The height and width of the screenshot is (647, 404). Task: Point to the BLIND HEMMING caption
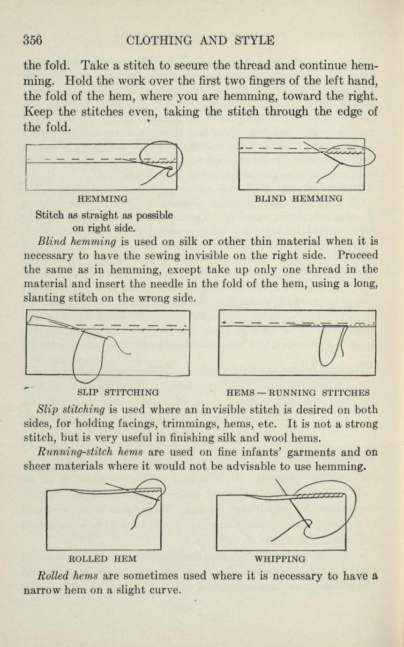[x=298, y=199]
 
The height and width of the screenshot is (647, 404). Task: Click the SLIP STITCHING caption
[x=117, y=392]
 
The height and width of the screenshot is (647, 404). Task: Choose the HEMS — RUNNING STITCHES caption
[x=298, y=392]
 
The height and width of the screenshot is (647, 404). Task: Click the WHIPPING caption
[x=279, y=559]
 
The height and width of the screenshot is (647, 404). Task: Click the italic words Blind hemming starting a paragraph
[x=76, y=242]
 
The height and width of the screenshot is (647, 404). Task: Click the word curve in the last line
[x=165, y=590]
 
